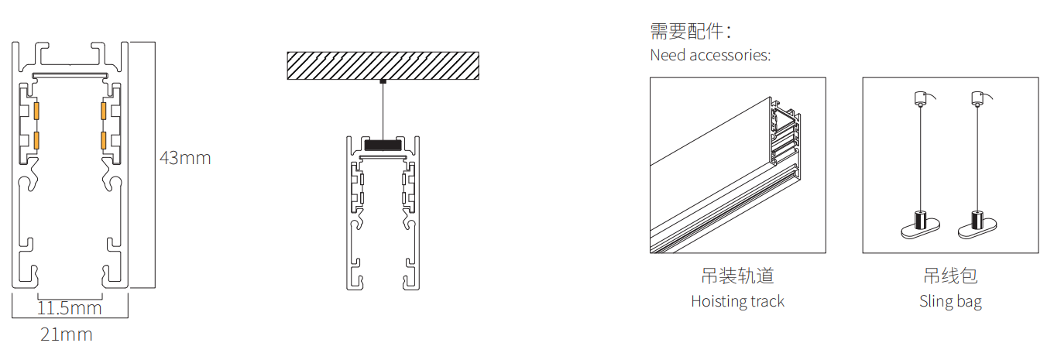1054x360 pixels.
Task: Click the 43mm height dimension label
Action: point(185,158)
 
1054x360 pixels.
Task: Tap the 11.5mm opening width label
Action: point(70,309)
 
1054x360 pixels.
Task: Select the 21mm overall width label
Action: point(67,334)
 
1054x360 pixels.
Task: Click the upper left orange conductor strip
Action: point(36,111)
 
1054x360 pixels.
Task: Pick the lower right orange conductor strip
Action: point(104,140)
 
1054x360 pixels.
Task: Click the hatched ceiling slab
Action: point(383,65)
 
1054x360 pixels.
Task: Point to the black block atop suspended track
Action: point(383,145)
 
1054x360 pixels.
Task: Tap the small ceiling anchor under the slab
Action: point(383,81)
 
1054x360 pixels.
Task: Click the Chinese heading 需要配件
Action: point(691,31)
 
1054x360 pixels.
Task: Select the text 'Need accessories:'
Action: point(710,55)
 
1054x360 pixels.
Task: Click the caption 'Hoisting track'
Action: point(738,301)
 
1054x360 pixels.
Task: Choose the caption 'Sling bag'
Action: point(950,302)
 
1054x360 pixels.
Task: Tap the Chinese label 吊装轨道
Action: point(738,276)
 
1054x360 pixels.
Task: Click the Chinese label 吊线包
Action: point(950,276)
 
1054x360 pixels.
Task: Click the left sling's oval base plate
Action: point(920,230)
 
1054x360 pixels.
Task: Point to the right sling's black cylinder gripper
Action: point(977,220)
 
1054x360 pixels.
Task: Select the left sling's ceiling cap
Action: point(920,98)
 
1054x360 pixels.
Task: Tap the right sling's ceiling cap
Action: point(978,98)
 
